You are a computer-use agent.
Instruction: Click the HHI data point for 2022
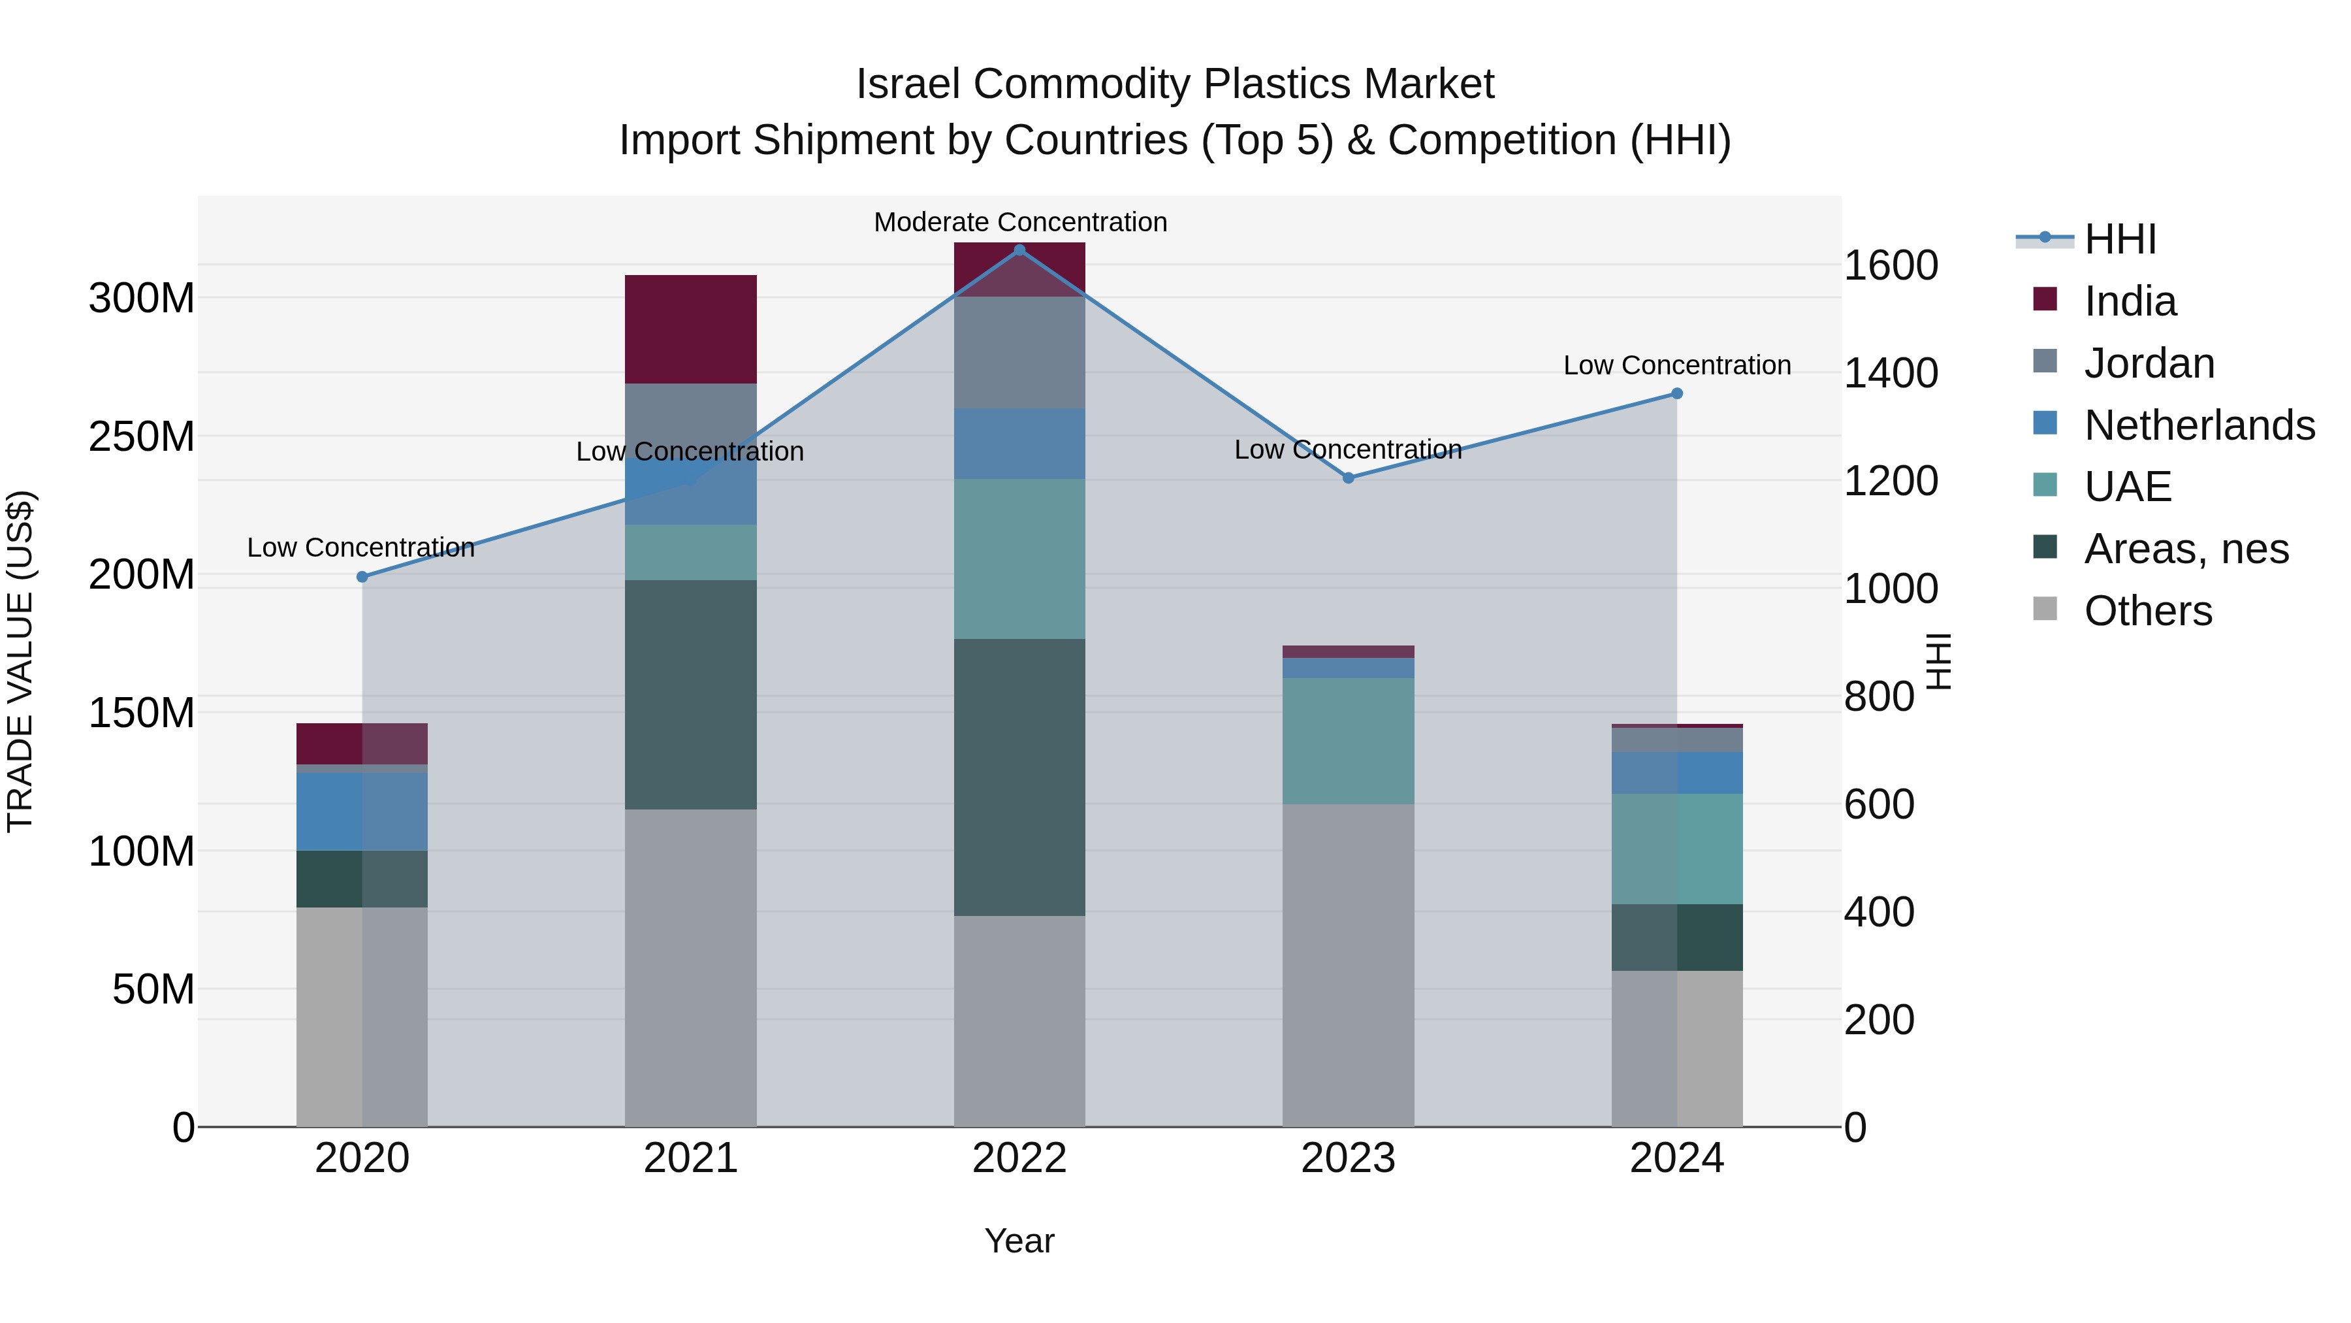pyautogui.click(x=1019, y=250)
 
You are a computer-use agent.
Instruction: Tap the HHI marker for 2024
pyautogui.click(x=1676, y=393)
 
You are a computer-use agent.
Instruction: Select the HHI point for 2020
pyautogui.click(x=362, y=577)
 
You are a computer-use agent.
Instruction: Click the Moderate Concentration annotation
pyautogui.click(x=1019, y=222)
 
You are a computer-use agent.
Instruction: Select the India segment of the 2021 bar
pyautogui.click(x=691, y=329)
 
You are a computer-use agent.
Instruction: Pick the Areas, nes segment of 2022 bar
pyautogui.click(x=1019, y=777)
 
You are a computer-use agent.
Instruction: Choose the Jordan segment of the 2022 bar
pyautogui.click(x=1019, y=352)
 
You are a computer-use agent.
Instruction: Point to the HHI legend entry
pyautogui.click(x=2120, y=239)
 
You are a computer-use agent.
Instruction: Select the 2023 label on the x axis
pyautogui.click(x=1348, y=1158)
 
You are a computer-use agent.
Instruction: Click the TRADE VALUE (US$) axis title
pyautogui.click(x=20, y=661)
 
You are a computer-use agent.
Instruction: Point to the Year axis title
pyautogui.click(x=1019, y=1241)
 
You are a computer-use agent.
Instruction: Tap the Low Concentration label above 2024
pyautogui.click(x=1676, y=365)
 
